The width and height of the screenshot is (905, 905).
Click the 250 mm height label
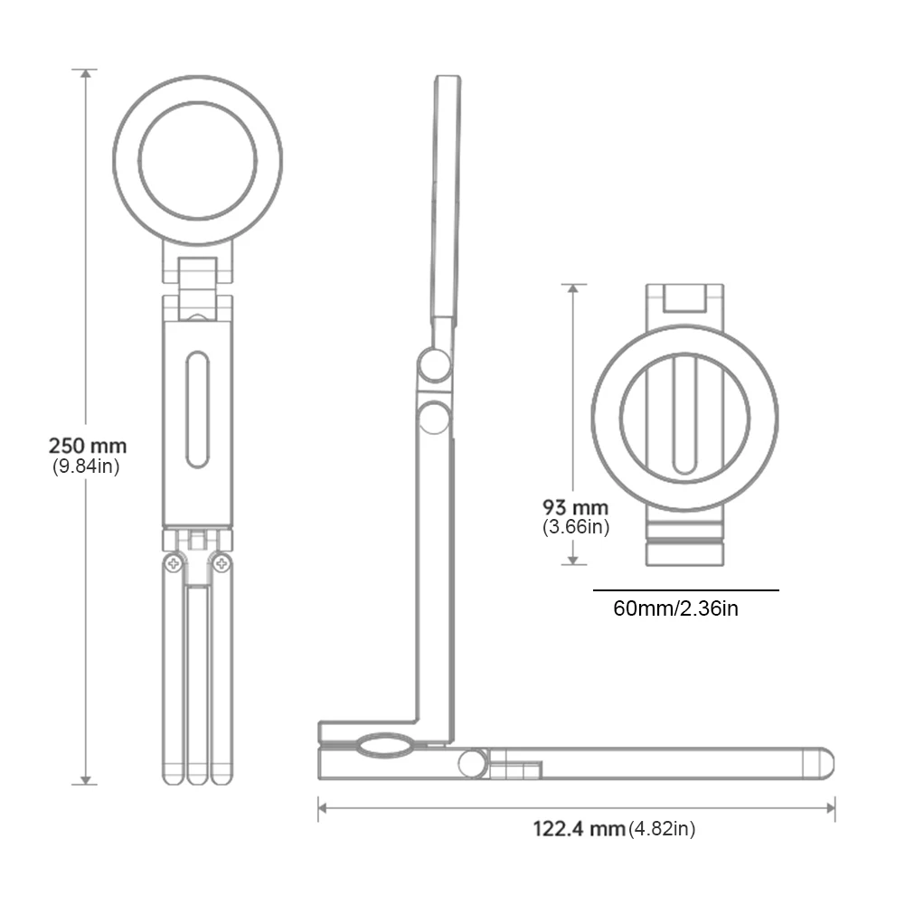[x=88, y=446]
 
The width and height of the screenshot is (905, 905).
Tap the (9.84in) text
[x=86, y=467]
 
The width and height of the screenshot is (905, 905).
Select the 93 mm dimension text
[x=575, y=507]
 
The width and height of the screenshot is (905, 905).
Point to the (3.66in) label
[x=576, y=527]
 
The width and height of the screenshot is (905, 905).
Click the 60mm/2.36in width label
[x=675, y=608]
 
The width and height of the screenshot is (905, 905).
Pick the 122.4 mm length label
[x=579, y=828]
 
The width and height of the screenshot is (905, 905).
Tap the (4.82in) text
[x=662, y=828]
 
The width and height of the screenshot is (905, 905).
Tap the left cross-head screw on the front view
[x=171, y=564]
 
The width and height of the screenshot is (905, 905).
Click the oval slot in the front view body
[x=197, y=411]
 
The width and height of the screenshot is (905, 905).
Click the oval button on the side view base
[x=383, y=746]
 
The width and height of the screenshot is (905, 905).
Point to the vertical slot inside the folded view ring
[x=685, y=415]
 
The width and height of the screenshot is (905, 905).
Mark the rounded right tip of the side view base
[x=824, y=763]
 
